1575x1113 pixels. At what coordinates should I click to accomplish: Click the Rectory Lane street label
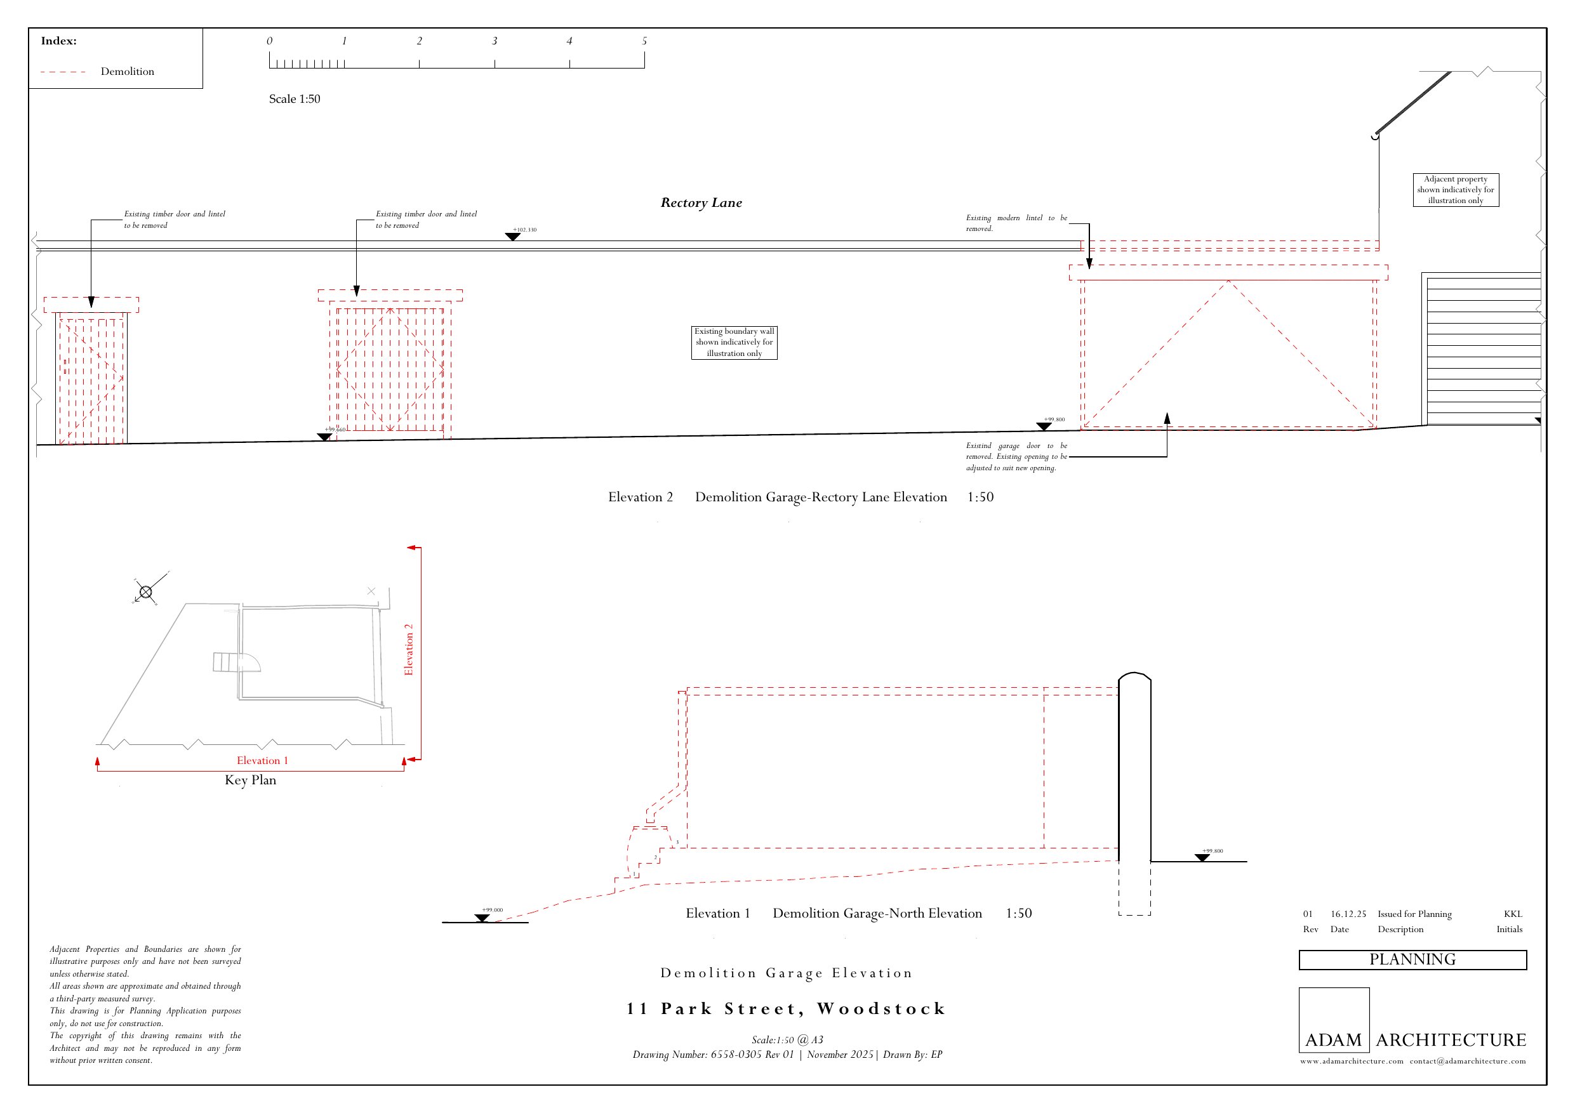(x=701, y=202)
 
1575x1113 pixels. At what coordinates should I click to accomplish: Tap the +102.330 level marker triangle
(x=512, y=237)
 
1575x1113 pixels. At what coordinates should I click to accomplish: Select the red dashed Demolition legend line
(x=63, y=71)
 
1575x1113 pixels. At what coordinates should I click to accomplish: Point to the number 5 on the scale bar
(x=644, y=41)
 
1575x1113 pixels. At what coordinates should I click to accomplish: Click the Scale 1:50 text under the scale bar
(x=295, y=99)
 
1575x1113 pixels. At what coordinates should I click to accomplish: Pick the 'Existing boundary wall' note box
(x=734, y=342)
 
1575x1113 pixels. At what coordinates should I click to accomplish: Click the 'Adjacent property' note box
(x=1456, y=190)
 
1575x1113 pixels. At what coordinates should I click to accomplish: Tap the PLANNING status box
(x=1412, y=959)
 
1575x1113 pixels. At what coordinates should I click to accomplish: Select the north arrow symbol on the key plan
(x=145, y=591)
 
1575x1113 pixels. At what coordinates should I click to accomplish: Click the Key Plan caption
(x=250, y=780)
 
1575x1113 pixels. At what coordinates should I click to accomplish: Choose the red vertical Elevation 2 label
(x=409, y=649)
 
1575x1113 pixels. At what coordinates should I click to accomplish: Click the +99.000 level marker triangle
(x=482, y=918)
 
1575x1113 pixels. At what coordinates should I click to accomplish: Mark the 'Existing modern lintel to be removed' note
(x=1016, y=223)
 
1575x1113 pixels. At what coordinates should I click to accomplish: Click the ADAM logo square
(x=1334, y=1020)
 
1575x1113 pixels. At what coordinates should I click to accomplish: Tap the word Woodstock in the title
(x=882, y=1008)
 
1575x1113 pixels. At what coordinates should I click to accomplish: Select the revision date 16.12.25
(x=1348, y=914)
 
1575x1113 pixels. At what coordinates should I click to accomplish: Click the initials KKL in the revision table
(x=1513, y=914)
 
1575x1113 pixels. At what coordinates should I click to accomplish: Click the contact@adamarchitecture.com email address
(x=1467, y=1061)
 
